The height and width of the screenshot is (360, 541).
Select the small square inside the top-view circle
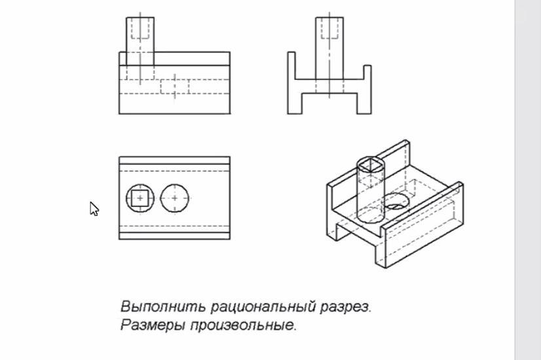click(x=140, y=198)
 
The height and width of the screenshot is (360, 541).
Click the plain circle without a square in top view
click(x=176, y=198)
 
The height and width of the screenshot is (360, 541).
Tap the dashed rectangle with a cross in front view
click(x=174, y=86)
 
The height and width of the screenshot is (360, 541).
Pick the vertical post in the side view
click(x=329, y=43)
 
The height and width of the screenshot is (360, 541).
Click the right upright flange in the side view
click(x=367, y=82)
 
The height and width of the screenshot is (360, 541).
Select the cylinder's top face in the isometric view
click(x=371, y=164)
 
